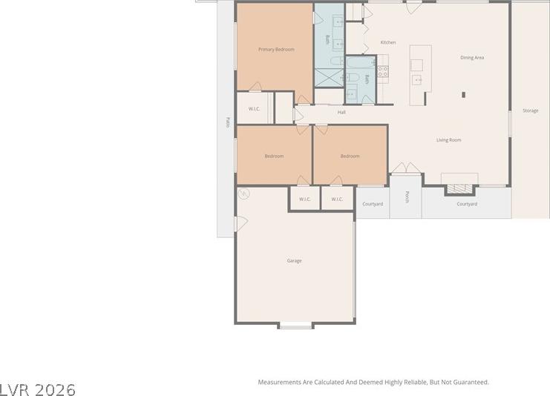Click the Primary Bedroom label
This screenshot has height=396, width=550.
pyautogui.click(x=276, y=50)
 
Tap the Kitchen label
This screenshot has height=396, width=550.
pyautogui.click(x=388, y=42)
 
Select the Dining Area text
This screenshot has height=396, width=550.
pyautogui.click(x=472, y=58)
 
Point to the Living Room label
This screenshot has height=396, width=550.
pyautogui.click(x=448, y=140)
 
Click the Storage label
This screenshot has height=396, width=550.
pyautogui.click(x=531, y=110)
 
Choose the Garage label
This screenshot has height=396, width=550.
pyautogui.click(x=294, y=261)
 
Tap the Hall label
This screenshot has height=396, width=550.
pyautogui.click(x=341, y=112)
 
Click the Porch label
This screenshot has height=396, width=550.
pyautogui.click(x=407, y=197)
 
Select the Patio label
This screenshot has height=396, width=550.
pyautogui.click(x=228, y=122)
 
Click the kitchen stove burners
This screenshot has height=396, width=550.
pyautogui.click(x=383, y=71)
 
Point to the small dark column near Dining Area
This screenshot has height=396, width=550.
pyautogui.click(x=463, y=95)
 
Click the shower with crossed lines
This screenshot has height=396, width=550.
pyautogui.click(x=329, y=78)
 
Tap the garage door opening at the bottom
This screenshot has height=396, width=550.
pyautogui.click(x=295, y=326)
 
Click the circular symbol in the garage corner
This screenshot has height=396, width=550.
pyautogui.click(x=243, y=194)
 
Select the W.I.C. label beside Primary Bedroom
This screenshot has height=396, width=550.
pyautogui.click(x=255, y=109)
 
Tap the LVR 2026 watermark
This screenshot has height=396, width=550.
pyautogui.click(x=38, y=389)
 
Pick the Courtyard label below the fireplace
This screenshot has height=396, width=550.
pyautogui.click(x=467, y=204)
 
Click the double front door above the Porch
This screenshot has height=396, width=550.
pyautogui.click(x=406, y=168)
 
